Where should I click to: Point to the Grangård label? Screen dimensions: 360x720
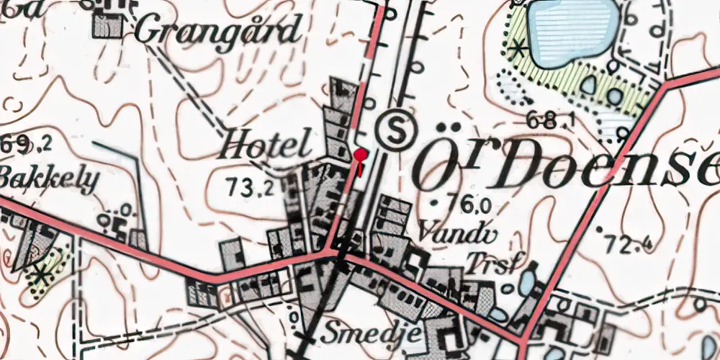tap(217, 31)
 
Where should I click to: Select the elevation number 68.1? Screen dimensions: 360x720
tap(550, 120)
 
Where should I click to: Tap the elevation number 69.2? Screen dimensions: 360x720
tap(26, 145)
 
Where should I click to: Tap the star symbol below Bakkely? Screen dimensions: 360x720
tap(40, 274)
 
